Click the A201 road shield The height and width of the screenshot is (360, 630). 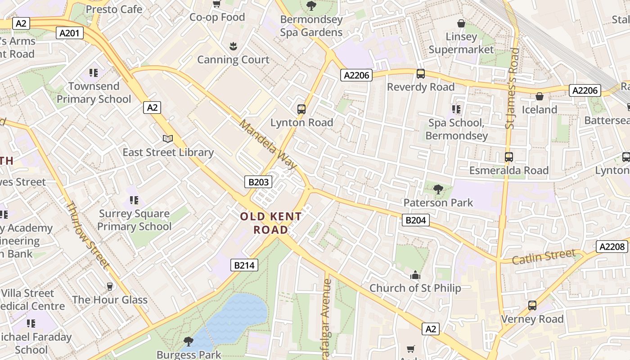(x=70, y=32)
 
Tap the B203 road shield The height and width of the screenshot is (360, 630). (x=258, y=182)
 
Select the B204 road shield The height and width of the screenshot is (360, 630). (x=415, y=220)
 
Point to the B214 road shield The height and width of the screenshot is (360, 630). (x=245, y=265)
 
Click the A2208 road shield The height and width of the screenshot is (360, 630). (x=612, y=247)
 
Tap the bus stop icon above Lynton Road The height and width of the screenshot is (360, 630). (x=301, y=109)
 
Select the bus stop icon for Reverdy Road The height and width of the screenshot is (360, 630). (x=421, y=74)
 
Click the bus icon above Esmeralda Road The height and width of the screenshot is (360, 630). (x=509, y=157)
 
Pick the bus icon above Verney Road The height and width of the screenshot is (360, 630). (x=532, y=306)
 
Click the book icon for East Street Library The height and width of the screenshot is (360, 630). (x=168, y=139)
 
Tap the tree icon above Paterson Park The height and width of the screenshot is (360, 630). (x=438, y=189)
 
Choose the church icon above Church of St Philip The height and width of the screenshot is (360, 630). (x=415, y=274)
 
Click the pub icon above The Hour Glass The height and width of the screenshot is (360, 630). (x=109, y=286)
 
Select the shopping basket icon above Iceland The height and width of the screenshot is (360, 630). (x=539, y=96)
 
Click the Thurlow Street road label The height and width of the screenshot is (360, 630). (x=88, y=234)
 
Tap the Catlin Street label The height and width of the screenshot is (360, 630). (x=544, y=257)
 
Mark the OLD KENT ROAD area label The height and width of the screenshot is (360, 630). (x=271, y=223)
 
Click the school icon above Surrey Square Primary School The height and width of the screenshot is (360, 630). (x=134, y=200)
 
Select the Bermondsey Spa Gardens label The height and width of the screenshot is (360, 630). (x=311, y=26)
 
